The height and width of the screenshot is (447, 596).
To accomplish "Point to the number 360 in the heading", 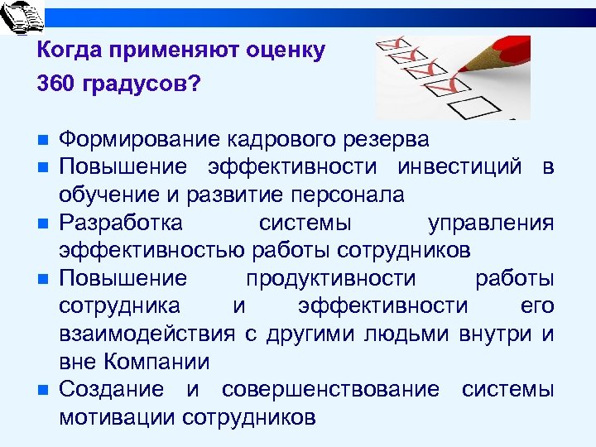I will point(55,85).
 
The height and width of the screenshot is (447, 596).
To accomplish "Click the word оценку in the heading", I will point(284,50).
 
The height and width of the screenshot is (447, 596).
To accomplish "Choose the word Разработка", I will point(123,223).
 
